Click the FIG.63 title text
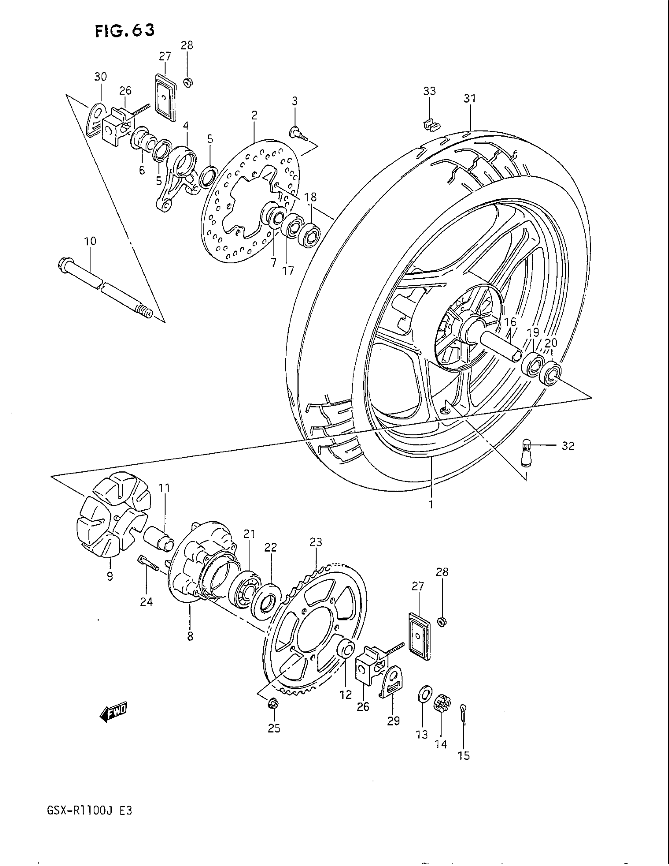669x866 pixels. [124, 31]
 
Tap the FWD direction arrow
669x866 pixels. [113, 714]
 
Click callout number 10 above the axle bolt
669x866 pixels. [90, 241]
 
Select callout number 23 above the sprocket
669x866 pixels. [316, 542]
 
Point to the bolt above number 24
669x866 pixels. [148, 563]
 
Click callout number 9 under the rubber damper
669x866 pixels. [110, 576]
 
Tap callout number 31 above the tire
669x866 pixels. [469, 98]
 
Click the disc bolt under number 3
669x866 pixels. [298, 133]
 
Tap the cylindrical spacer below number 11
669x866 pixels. [161, 538]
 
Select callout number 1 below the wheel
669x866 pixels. [431, 504]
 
